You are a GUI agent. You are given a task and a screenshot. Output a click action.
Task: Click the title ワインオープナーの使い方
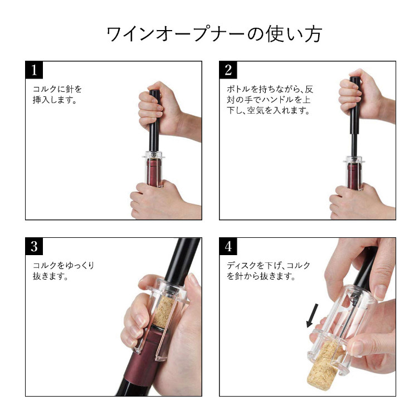[215, 34]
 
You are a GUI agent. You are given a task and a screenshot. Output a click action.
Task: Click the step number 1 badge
[34, 70]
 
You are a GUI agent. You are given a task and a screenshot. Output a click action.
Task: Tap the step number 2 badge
[228, 70]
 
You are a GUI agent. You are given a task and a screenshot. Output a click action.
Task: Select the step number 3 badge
[34, 246]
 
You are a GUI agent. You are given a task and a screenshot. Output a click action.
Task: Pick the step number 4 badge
[228, 246]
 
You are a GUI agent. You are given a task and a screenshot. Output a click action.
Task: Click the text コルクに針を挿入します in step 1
[57, 94]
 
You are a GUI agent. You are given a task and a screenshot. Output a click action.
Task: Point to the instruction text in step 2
[270, 99]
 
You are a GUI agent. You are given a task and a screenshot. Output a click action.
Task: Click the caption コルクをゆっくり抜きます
[64, 271]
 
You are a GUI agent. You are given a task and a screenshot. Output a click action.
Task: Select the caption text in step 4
[269, 271]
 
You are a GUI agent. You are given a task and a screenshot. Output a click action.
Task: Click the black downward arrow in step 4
[313, 315]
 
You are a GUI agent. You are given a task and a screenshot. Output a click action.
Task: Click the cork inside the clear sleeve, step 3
[164, 312]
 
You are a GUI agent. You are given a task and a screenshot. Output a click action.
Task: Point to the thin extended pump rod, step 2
[354, 145]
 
